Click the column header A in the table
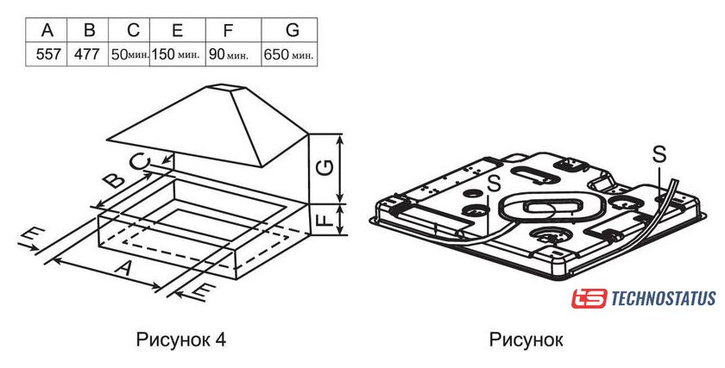[x=47, y=30]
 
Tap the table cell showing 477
[x=88, y=54]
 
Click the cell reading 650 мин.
[x=289, y=54]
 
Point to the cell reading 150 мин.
[x=178, y=54]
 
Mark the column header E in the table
[x=178, y=30]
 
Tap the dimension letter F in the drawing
[x=326, y=219]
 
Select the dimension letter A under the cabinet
[x=122, y=267]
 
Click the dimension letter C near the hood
[x=140, y=162]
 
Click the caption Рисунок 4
[x=181, y=340]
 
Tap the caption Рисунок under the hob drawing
[x=526, y=340]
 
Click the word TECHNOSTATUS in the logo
[x=664, y=298]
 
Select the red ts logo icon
[x=589, y=299]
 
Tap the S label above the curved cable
[x=659, y=154]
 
